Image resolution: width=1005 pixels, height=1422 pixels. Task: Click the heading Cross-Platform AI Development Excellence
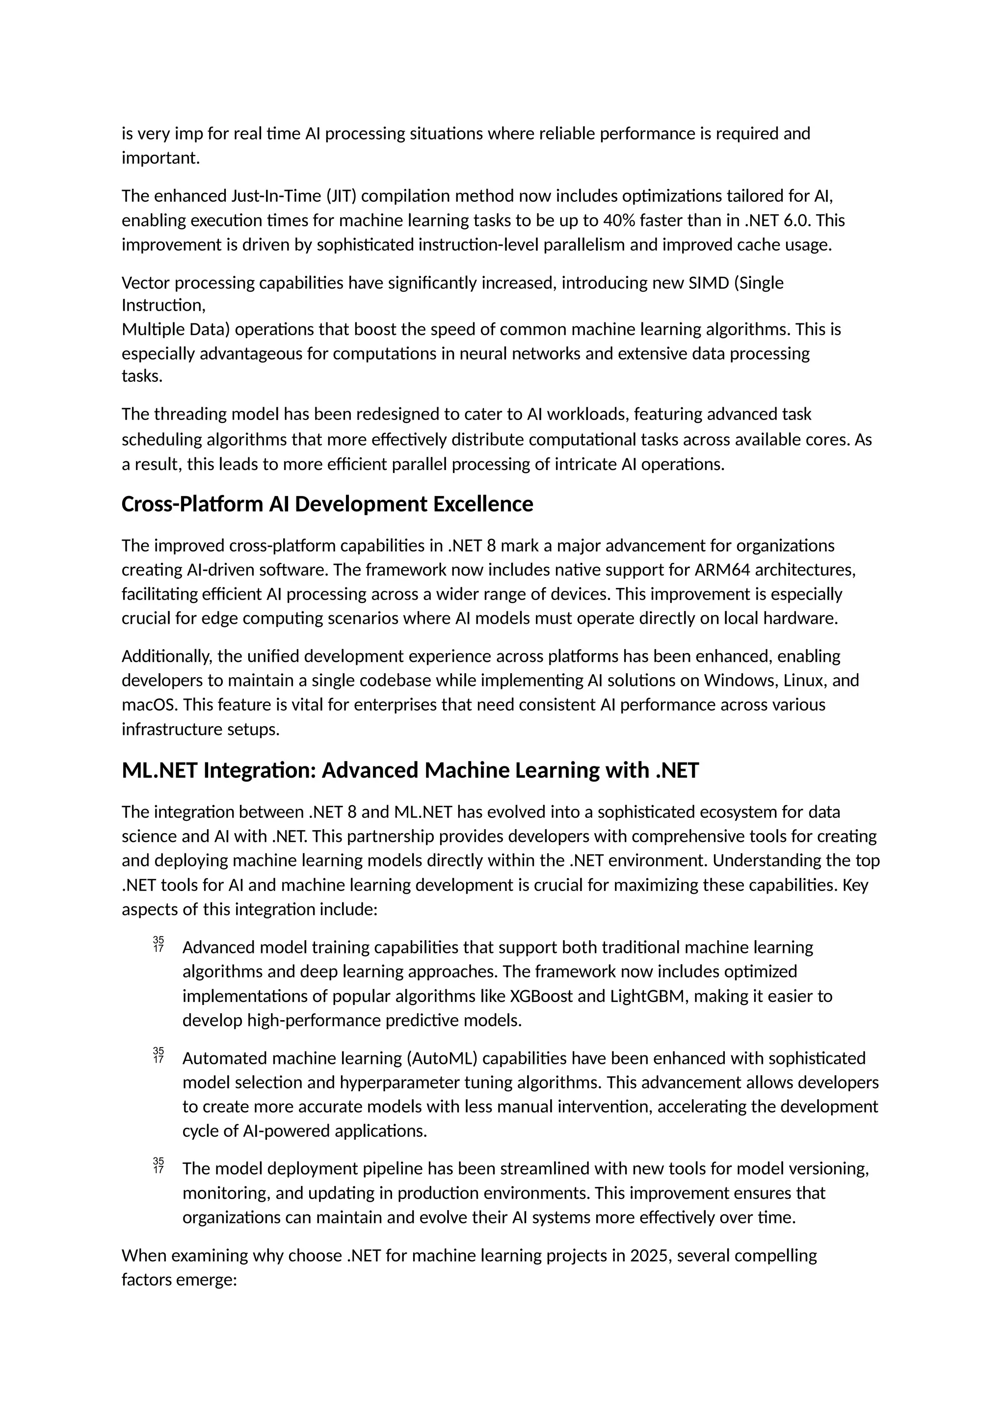tap(327, 504)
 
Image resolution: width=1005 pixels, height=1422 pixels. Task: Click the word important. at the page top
tap(160, 158)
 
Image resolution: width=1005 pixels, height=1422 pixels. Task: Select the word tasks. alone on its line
tap(142, 376)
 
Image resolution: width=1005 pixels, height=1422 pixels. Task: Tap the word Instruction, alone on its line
tap(163, 305)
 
